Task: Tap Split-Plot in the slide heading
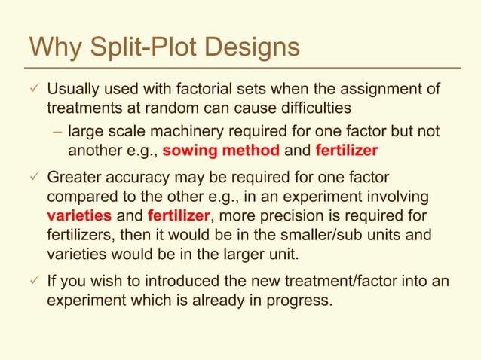coord(140,47)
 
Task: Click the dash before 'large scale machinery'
coord(57,132)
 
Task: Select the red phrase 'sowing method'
coord(220,150)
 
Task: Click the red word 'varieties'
coord(81,215)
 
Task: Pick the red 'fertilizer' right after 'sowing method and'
coord(347,150)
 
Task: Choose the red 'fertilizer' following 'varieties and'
coord(179,215)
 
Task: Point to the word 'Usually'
coord(75,90)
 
